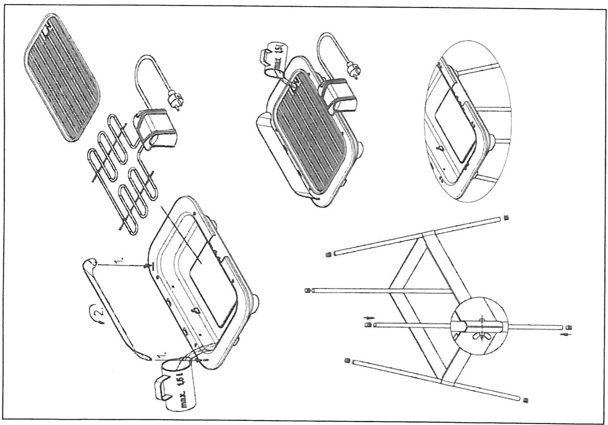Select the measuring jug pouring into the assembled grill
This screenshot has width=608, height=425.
[274, 61]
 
